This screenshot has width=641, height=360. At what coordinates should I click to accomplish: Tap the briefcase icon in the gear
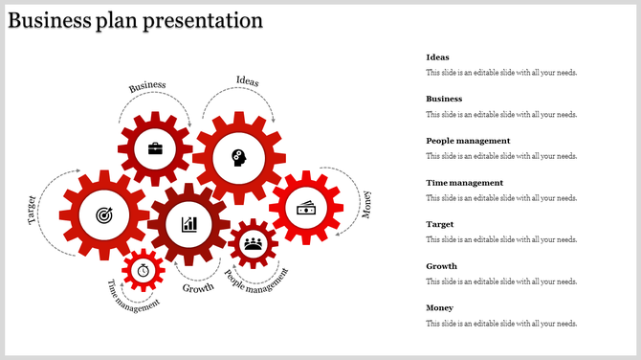(x=154, y=148)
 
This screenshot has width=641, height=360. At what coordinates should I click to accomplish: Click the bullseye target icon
(x=103, y=216)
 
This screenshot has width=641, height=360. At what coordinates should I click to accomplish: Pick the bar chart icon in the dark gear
(x=189, y=224)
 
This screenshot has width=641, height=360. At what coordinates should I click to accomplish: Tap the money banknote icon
(x=306, y=207)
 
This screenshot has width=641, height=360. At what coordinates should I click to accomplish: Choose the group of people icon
(x=253, y=243)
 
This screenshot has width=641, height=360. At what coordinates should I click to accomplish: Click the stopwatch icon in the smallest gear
(x=144, y=270)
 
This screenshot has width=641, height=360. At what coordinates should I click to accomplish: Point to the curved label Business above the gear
(x=147, y=86)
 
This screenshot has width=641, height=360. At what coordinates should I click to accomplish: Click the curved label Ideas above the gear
(x=247, y=81)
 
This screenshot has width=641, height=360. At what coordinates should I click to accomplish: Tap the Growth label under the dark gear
(x=198, y=288)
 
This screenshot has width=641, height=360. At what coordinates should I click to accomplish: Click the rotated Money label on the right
(x=366, y=204)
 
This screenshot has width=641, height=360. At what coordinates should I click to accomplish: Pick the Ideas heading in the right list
(x=437, y=57)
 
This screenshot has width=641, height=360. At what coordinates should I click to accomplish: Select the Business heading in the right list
(x=444, y=99)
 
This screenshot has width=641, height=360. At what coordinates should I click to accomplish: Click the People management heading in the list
(x=468, y=141)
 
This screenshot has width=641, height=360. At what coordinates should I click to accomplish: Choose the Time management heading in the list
(x=464, y=182)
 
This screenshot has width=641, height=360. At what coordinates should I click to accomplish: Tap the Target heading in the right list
(x=439, y=224)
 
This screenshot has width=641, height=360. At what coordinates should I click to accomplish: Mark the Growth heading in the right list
(x=441, y=266)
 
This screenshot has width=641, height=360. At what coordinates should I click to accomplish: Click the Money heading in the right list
(x=439, y=307)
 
